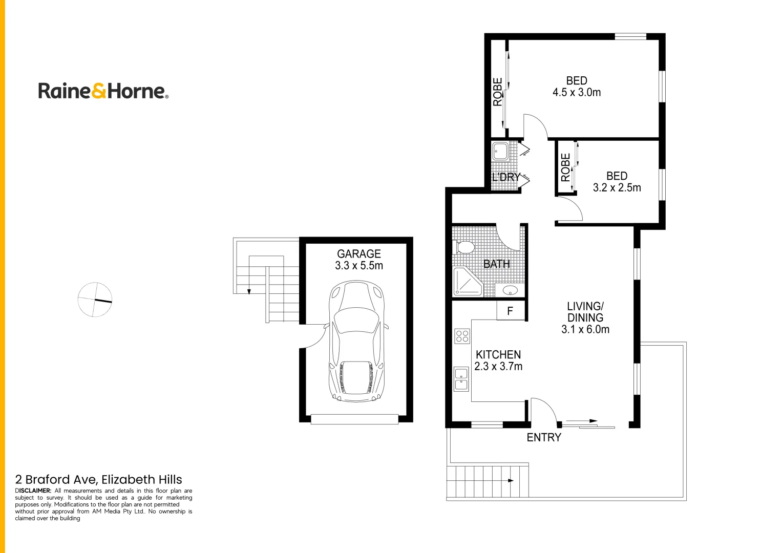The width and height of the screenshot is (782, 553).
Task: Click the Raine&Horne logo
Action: (103, 91)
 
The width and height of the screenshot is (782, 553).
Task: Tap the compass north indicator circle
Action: (95, 300)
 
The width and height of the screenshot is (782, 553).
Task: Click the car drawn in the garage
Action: (356, 341)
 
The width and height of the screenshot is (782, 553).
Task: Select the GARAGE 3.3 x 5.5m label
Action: (358, 260)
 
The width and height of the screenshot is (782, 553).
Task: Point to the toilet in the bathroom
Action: (465, 248)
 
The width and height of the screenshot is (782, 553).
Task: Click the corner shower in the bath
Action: (467, 282)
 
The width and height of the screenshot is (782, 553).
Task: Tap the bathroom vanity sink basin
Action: (510, 290)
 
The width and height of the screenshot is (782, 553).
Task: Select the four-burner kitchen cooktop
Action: (462, 336)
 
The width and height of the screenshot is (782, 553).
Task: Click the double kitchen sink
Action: (461, 379)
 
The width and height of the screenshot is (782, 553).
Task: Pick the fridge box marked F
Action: (511, 311)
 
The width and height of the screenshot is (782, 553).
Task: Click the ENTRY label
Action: (544, 437)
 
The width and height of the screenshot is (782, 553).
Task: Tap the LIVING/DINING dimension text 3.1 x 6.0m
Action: (585, 329)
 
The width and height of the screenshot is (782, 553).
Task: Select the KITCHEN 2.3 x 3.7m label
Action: (498, 360)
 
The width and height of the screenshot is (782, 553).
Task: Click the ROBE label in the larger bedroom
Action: (497, 92)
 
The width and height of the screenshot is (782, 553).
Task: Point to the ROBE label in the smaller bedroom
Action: (565, 167)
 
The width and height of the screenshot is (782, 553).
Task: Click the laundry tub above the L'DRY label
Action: (500, 152)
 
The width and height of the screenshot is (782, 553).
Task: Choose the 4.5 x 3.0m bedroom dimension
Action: (577, 93)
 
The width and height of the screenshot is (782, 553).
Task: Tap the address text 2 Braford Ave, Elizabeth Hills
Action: (99, 479)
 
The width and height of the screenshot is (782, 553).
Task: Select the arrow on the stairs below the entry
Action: (510, 480)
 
